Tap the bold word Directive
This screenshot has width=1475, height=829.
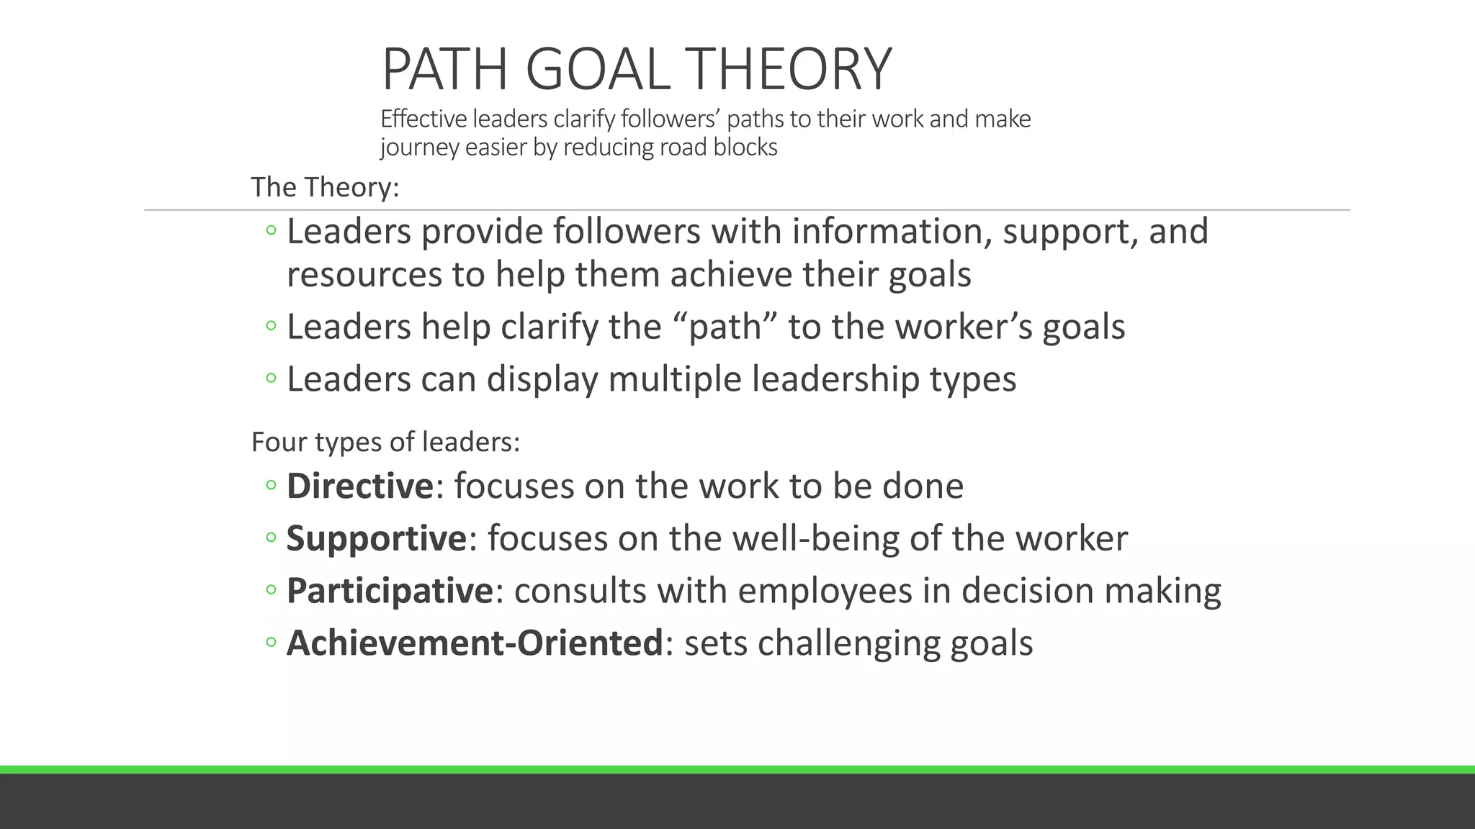tap(360, 486)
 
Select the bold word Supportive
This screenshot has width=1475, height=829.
tap(377, 538)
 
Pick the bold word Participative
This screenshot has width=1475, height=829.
tap(390, 591)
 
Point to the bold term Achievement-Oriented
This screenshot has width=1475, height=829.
tap(475, 643)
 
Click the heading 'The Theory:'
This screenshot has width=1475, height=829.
tap(325, 187)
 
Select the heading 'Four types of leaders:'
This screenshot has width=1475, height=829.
tap(385, 441)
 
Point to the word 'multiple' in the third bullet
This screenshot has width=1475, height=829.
tap(674, 379)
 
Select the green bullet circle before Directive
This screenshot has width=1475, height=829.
tap(271, 486)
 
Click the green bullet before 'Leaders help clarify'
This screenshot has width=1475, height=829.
tap(271, 327)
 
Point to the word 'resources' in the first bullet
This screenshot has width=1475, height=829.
tap(364, 275)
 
